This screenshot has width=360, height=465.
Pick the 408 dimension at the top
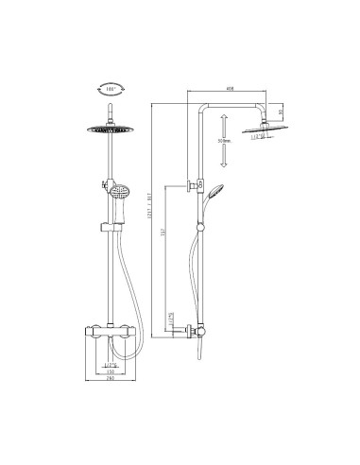click(x=230, y=90)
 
